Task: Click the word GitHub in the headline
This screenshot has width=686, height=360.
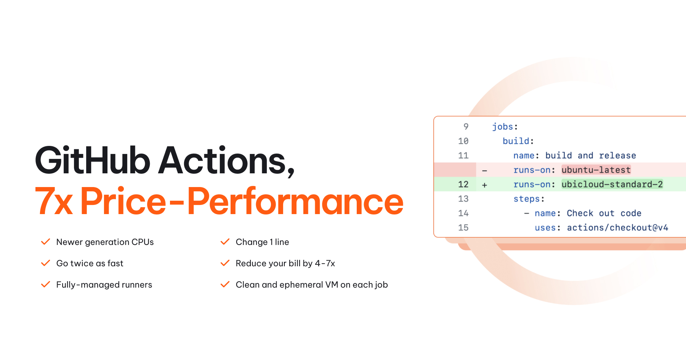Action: pos(93,160)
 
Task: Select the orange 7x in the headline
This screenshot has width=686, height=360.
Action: pos(54,201)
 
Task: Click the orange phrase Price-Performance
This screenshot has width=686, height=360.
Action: pos(242,201)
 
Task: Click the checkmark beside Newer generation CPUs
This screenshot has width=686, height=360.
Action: pos(46,242)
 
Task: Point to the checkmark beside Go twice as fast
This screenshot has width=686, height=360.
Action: pos(46,263)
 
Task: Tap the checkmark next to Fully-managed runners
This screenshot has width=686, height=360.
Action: pos(46,285)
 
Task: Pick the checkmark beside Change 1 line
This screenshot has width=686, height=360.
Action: pos(225,242)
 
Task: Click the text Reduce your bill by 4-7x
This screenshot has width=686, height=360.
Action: pos(285,263)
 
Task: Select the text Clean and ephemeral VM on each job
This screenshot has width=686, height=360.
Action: pos(312,285)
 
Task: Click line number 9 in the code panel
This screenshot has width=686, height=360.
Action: pos(466,126)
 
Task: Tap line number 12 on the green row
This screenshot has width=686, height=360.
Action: pos(463,184)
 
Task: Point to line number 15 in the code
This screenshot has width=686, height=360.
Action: pos(463,228)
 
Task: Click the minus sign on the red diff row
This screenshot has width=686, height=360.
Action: pos(484,171)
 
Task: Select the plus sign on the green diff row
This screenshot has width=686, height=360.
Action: pos(484,185)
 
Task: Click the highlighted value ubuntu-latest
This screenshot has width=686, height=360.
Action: pos(596,170)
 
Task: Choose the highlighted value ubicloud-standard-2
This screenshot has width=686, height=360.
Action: pos(612,184)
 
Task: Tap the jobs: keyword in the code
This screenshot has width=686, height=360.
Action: pos(505,127)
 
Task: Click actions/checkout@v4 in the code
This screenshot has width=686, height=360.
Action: pos(617,228)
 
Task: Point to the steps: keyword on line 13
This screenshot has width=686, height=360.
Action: pos(529,199)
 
